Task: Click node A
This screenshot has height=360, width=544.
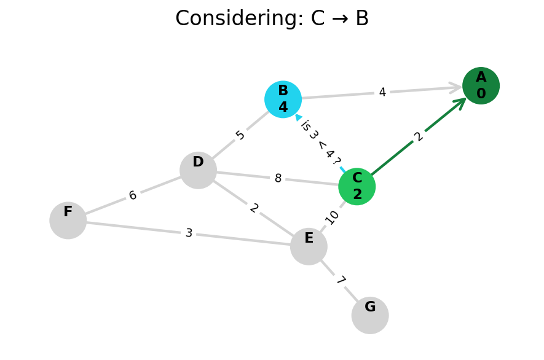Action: (x=481, y=85)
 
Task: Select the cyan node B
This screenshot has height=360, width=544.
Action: (x=283, y=99)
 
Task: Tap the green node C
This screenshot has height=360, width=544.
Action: (x=357, y=186)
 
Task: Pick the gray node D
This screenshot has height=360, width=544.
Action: (x=198, y=170)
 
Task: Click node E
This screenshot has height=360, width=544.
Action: (x=309, y=246)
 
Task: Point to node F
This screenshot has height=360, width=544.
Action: (x=68, y=220)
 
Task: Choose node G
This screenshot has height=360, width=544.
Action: (x=370, y=315)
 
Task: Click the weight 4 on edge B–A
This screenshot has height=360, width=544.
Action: (x=382, y=93)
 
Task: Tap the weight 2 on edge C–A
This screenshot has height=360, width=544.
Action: (x=419, y=136)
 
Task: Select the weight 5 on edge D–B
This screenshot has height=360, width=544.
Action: (x=240, y=135)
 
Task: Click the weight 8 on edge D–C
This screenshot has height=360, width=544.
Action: (x=278, y=179)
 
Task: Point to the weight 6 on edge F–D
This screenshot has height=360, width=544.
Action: (x=133, y=195)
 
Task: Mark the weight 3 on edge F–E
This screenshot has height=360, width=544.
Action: (x=189, y=233)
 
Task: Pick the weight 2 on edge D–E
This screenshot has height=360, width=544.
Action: (x=254, y=208)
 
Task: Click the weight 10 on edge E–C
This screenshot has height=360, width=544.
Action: (x=332, y=217)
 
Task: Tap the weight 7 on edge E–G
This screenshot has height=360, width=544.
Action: (x=340, y=281)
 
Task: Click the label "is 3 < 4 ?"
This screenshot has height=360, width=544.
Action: (x=320, y=143)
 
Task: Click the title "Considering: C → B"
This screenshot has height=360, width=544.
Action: (x=272, y=19)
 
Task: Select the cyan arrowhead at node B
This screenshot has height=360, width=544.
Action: (x=299, y=117)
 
